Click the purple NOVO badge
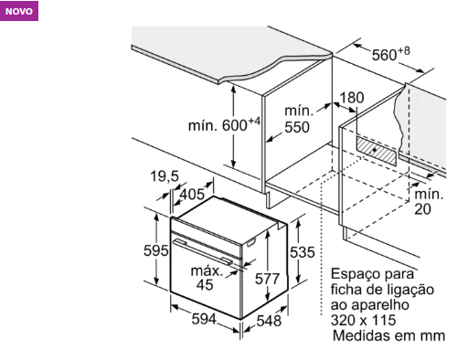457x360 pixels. pos(19,11)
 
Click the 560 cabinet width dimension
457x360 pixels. pos(390,54)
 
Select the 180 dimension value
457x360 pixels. pos(352,98)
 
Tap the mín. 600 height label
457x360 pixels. pos(224,125)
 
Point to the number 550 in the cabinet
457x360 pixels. pos(297,127)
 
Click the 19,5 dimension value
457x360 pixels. pos(165,176)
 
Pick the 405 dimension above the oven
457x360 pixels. pos(192,194)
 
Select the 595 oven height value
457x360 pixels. pos(156,250)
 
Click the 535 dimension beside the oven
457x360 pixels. pos(302,252)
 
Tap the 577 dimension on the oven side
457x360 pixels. pos(267,279)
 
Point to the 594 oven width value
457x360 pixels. pos(204,319)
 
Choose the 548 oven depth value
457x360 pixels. pos(269,321)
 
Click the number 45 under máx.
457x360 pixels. pos(205,285)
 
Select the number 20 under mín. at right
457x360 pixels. pos(422,209)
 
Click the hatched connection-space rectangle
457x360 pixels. pos(377,151)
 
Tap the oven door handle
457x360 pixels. pos(202,252)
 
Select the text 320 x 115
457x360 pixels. pos(363,320)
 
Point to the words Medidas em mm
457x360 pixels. pos(388,335)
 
